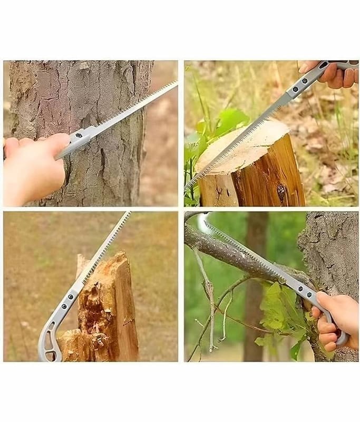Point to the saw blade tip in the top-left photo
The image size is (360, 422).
pos(175,83)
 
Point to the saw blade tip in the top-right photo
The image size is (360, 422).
pos(187,189)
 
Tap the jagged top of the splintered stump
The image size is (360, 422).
pos(105,264)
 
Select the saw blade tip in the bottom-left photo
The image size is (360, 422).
pos(129,213)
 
